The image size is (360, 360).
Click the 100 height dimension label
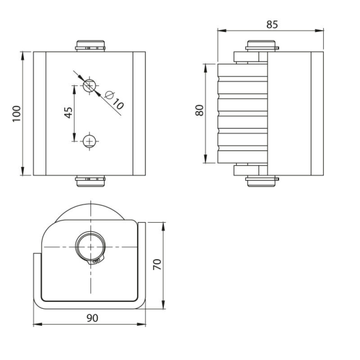17,114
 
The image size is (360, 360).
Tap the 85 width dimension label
272,24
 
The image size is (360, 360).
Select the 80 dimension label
199,110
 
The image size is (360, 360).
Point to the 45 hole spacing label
68,113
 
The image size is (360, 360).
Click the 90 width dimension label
92,318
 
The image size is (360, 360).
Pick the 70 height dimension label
157,264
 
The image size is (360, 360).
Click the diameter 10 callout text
115,100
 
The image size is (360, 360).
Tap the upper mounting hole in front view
89,85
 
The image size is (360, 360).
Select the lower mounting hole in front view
89,141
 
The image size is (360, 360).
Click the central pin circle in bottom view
90,247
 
